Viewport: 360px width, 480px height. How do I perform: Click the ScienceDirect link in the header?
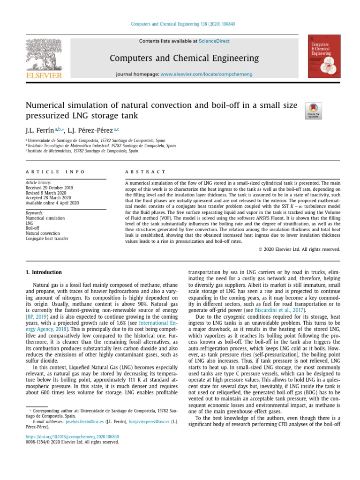coord(214,41)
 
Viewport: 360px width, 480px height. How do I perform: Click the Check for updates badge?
coord(313,110)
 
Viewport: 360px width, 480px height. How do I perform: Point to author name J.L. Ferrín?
coord(39,129)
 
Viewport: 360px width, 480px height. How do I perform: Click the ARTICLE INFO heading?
coord(55,172)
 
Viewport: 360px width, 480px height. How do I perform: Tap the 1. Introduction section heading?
coord(43,272)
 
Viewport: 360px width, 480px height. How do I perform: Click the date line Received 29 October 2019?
coord(47,187)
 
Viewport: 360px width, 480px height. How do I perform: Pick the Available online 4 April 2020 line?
coord(52,203)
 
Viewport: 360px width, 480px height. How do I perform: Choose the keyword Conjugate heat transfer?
coord(47,239)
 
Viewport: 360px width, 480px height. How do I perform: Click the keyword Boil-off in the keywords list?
coord(32,228)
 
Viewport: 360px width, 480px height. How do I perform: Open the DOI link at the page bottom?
coord(72,436)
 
